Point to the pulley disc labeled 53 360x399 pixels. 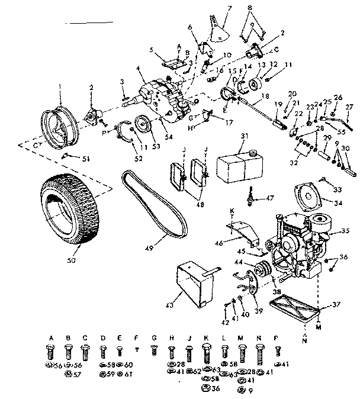point(142,126)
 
